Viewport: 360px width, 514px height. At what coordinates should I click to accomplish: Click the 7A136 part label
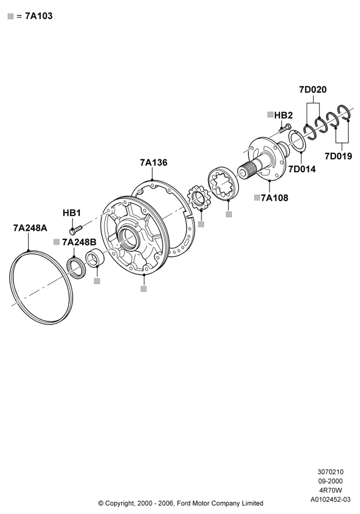(153, 162)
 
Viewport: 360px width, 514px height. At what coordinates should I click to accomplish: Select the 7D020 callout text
(313, 89)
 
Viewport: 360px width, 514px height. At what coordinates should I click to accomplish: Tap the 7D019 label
(338, 156)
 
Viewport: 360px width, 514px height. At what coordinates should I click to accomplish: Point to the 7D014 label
(302, 169)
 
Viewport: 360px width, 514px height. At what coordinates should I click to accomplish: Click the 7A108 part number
(275, 198)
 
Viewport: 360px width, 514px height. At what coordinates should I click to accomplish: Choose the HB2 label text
(283, 115)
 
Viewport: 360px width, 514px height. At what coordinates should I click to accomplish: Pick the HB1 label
(71, 213)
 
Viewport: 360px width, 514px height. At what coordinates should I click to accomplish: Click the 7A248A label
(30, 228)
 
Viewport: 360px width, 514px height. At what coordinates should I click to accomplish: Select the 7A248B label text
(79, 242)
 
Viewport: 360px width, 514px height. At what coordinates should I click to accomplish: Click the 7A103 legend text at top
(39, 16)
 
